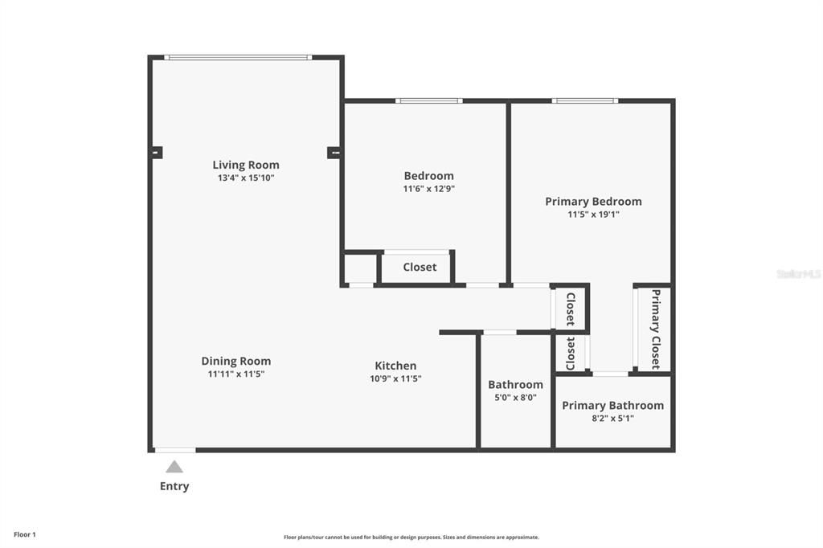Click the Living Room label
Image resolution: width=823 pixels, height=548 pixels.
pyautogui.click(x=246, y=165)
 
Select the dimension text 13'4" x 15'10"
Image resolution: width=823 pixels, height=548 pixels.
pyautogui.click(x=246, y=178)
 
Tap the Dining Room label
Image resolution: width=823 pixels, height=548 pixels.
pyautogui.click(x=235, y=361)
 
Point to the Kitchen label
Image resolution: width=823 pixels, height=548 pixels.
pyautogui.click(x=395, y=366)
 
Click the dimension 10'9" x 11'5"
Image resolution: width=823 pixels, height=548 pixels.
pyautogui.click(x=395, y=378)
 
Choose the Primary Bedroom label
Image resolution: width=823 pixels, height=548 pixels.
pyautogui.click(x=593, y=201)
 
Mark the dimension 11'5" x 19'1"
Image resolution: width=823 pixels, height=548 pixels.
pyautogui.click(x=593, y=215)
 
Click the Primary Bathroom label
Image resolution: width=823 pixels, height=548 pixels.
pyautogui.click(x=612, y=405)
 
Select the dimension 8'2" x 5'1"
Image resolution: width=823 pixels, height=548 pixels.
pyautogui.click(x=612, y=418)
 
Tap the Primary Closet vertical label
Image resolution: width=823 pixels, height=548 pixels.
pyautogui.click(x=656, y=329)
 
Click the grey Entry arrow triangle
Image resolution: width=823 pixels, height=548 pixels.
pyautogui.click(x=174, y=467)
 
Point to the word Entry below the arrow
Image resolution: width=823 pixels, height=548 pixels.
pyautogui.click(x=174, y=486)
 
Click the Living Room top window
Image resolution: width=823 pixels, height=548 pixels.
pyautogui.click(x=238, y=57)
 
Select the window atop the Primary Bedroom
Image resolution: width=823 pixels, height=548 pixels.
pyautogui.click(x=584, y=100)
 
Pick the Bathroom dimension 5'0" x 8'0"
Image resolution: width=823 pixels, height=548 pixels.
pyautogui.click(x=515, y=397)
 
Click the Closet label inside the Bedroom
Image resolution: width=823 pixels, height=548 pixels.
pyautogui.click(x=420, y=267)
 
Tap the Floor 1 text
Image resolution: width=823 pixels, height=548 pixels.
pyautogui.click(x=25, y=534)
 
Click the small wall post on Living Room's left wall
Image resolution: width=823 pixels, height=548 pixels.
pyautogui.click(x=157, y=152)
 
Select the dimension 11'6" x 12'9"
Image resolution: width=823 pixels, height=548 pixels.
pyautogui.click(x=428, y=189)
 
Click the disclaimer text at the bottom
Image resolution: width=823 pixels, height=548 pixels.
pyautogui.click(x=411, y=538)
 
